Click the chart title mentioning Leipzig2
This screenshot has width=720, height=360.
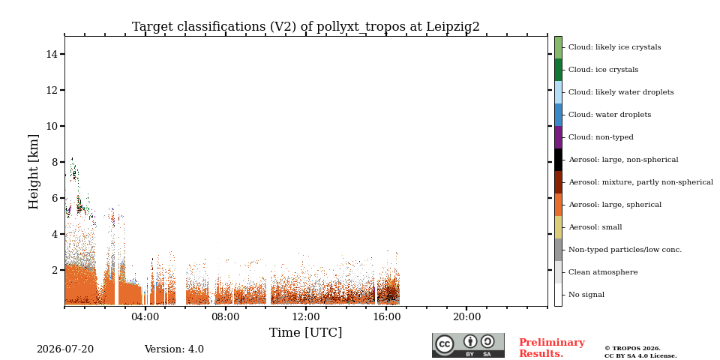(x=306, y=27)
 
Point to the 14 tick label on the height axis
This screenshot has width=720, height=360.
(x=52, y=54)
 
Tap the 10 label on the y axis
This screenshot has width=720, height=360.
(x=52, y=126)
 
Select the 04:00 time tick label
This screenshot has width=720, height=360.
(x=145, y=317)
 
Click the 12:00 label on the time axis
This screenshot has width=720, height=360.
(x=306, y=317)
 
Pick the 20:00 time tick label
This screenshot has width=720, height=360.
(x=466, y=317)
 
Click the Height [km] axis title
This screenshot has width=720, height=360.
(x=34, y=172)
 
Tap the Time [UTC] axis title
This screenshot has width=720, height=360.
(x=306, y=332)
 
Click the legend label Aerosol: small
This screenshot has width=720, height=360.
(x=595, y=227)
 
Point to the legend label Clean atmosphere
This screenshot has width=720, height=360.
(x=603, y=272)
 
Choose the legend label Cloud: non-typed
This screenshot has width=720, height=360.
(x=601, y=137)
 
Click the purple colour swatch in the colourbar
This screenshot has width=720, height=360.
(x=558, y=137)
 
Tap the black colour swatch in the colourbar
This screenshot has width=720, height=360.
(x=558, y=160)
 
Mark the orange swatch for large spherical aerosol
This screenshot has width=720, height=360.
(x=558, y=205)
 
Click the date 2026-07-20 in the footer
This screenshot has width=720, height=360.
(x=65, y=349)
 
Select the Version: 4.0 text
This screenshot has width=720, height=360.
(x=174, y=349)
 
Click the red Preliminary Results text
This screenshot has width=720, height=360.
(x=552, y=348)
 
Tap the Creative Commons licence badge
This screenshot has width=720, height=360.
(x=468, y=345)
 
